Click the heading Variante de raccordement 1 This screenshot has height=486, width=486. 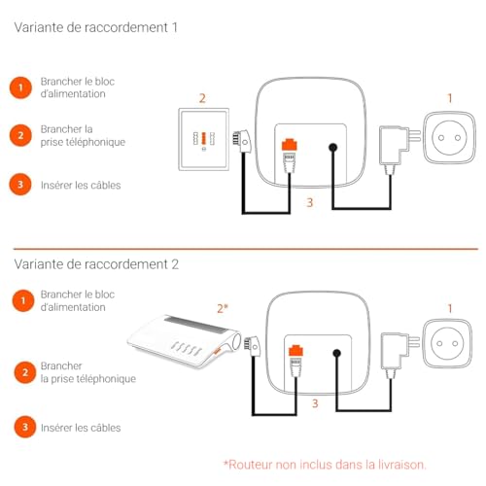click(96, 27)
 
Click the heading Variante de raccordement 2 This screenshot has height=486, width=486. click(96, 264)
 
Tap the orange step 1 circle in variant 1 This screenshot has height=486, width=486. click(20, 87)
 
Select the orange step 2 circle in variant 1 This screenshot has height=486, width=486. click(20, 135)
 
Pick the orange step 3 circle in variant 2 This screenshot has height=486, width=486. click(25, 427)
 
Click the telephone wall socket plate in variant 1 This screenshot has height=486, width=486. click(204, 139)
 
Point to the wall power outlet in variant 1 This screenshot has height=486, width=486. click(449, 138)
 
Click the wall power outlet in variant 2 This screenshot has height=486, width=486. click(447, 343)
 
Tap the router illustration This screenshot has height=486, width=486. click(184, 341)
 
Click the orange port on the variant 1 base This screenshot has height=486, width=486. click(290, 145)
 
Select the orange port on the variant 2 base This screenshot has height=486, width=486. click(295, 351)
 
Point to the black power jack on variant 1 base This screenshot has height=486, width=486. click(332, 148)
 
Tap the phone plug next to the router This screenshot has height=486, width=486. click(252, 346)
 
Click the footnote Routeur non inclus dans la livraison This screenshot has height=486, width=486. click(325, 465)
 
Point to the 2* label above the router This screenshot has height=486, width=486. click(223, 308)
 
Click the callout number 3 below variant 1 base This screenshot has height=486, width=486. click(310, 202)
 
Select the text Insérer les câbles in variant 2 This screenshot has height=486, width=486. click(81, 428)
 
